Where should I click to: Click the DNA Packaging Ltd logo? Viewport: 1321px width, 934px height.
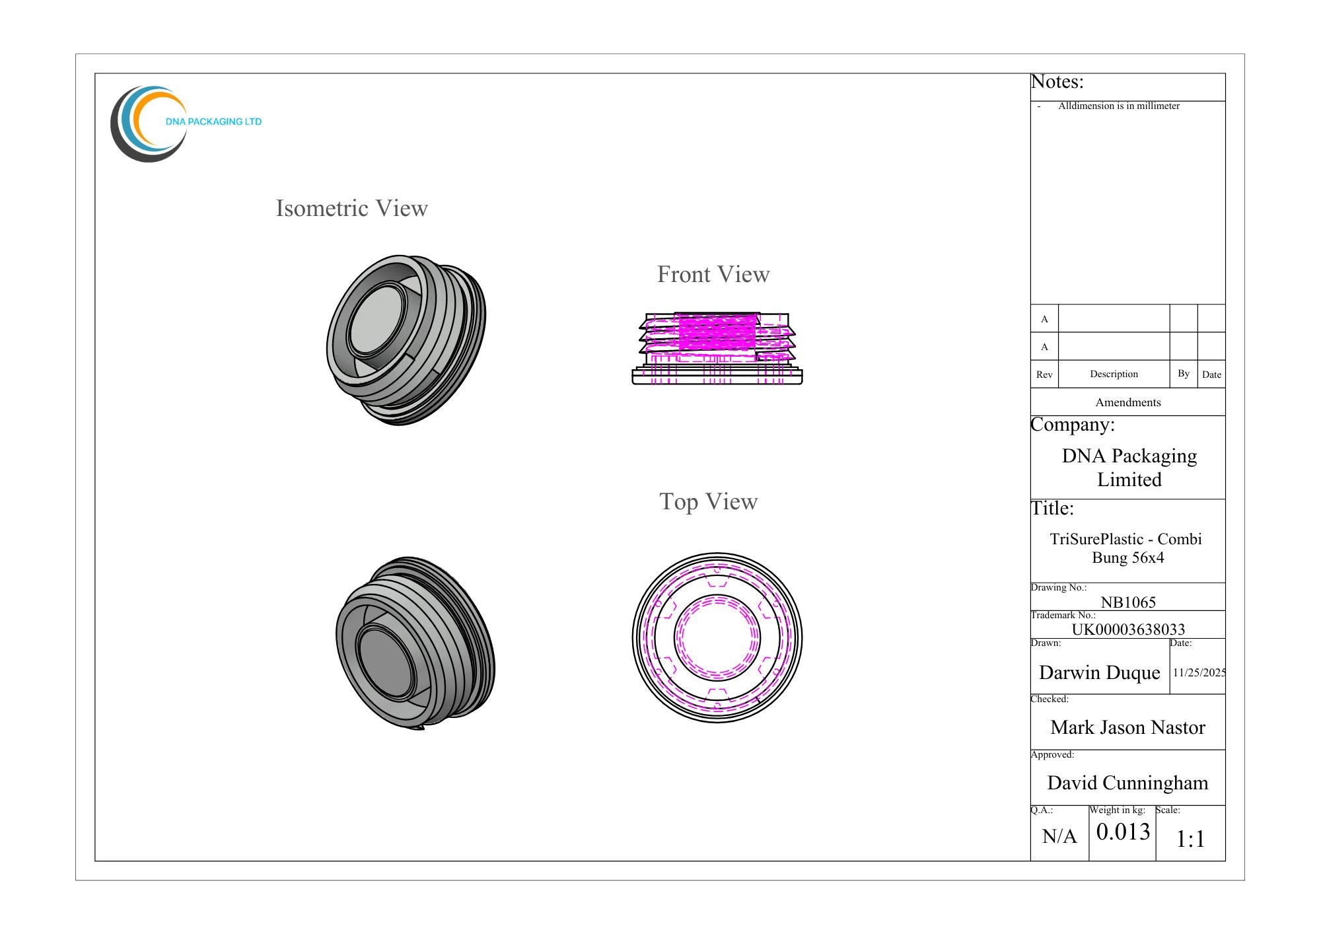pyautogui.click(x=186, y=124)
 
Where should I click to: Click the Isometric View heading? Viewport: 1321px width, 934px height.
pyautogui.click(x=351, y=208)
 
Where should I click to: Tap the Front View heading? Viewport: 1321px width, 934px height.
pyautogui.click(x=713, y=274)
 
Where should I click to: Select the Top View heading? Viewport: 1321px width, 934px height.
pyautogui.click(x=708, y=502)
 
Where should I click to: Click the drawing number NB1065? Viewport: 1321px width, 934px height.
pyautogui.click(x=1128, y=602)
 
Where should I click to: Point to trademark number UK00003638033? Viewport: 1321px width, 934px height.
pyautogui.click(x=1128, y=629)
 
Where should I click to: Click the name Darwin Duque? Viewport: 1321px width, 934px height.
pyautogui.click(x=1100, y=672)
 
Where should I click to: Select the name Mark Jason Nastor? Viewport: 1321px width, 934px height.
pyautogui.click(x=1128, y=727)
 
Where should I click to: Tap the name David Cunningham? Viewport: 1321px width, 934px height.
pyautogui.click(x=1128, y=783)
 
